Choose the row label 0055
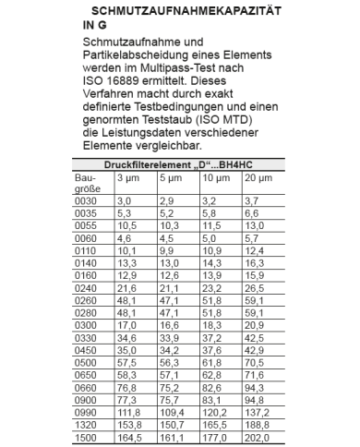(x=85, y=224)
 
